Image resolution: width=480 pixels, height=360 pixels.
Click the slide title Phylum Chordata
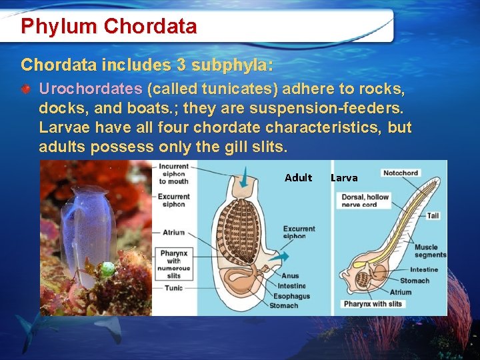pyautogui.click(x=109, y=27)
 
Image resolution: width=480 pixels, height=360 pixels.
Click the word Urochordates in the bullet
pyautogui.click(x=90, y=89)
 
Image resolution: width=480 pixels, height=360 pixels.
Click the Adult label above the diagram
pyautogui.click(x=298, y=177)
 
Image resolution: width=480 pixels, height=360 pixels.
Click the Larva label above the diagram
pyautogui.click(x=344, y=177)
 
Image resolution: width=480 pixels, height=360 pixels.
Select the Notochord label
pyautogui.click(x=400, y=173)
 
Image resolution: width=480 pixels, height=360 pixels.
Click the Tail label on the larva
pyautogui.click(x=433, y=216)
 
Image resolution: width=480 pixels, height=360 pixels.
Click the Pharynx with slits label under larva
pyautogui.click(x=373, y=304)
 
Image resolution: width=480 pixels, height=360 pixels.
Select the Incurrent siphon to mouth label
pyautogui.click(x=173, y=173)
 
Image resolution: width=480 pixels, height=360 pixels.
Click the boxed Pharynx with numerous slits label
pyautogui.click(x=174, y=264)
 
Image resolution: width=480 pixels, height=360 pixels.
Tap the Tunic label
pyautogui.click(x=173, y=288)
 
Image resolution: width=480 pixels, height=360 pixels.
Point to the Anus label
pyautogui.click(x=290, y=275)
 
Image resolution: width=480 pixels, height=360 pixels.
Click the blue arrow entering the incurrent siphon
pyautogui.click(x=245, y=177)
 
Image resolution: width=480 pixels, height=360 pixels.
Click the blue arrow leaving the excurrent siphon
pyautogui.click(x=279, y=256)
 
